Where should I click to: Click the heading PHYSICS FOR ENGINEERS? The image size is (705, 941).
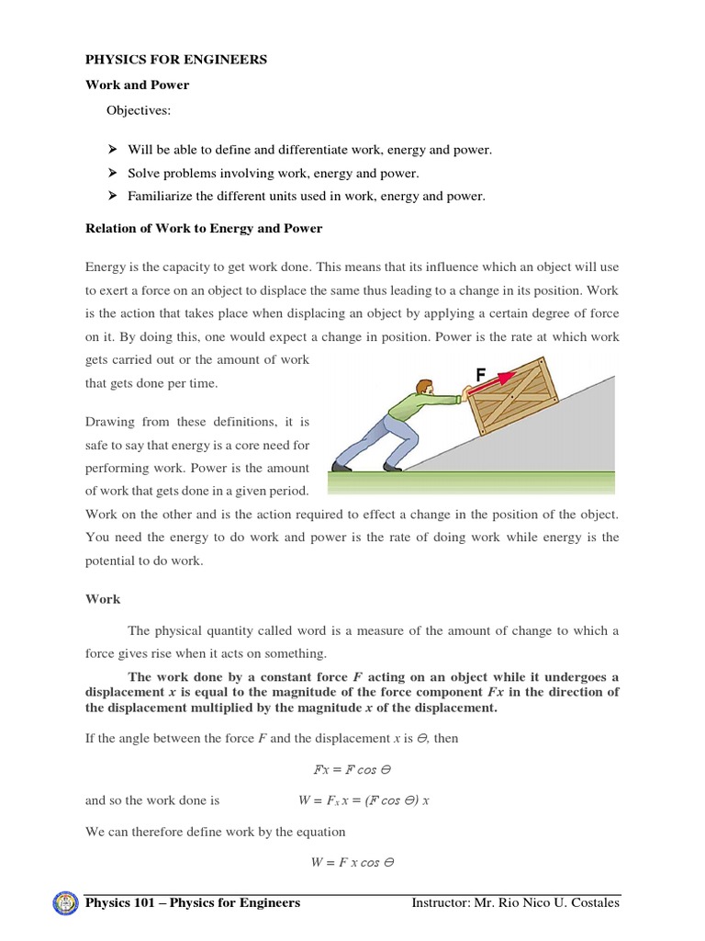(x=176, y=60)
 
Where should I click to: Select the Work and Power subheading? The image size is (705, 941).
(x=137, y=85)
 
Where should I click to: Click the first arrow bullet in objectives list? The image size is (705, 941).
(x=112, y=150)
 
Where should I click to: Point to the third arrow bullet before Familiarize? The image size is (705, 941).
(x=112, y=196)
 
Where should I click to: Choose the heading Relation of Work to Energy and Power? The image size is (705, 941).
(x=204, y=228)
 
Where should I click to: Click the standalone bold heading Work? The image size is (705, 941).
(x=103, y=598)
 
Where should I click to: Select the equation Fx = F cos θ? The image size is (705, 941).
(x=352, y=769)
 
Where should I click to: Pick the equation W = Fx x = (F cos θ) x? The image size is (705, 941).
(x=364, y=800)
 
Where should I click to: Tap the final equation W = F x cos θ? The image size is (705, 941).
(x=352, y=862)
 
